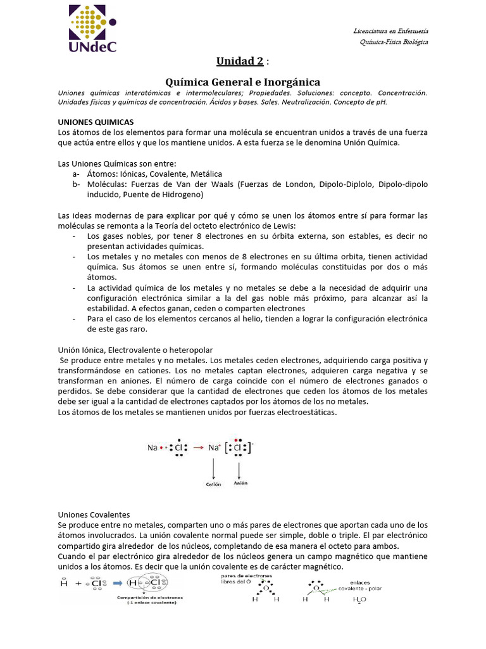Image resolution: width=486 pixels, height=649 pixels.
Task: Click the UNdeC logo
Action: pyautogui.click(x=91, y=30)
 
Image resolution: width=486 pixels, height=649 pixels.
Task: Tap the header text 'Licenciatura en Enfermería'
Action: pyautogui.click(x=390, y=31)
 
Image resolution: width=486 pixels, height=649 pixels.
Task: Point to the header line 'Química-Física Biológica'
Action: pyautogui.click(x=393, y=42)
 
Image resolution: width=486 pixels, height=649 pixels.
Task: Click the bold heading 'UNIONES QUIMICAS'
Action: pyautogui.click(x=96, y=121)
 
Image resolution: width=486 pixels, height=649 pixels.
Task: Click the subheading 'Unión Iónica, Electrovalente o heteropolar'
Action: pyautogui.click(x=135, y=350)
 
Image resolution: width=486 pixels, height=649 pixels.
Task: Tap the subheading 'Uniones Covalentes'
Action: pyautogui.click(x=94, y=515)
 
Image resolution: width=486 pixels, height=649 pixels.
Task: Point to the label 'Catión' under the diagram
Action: pyautogui.click(x=213, y=484)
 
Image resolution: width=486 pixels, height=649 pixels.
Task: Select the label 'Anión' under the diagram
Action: pyautogui.click(x=240, y=483)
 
